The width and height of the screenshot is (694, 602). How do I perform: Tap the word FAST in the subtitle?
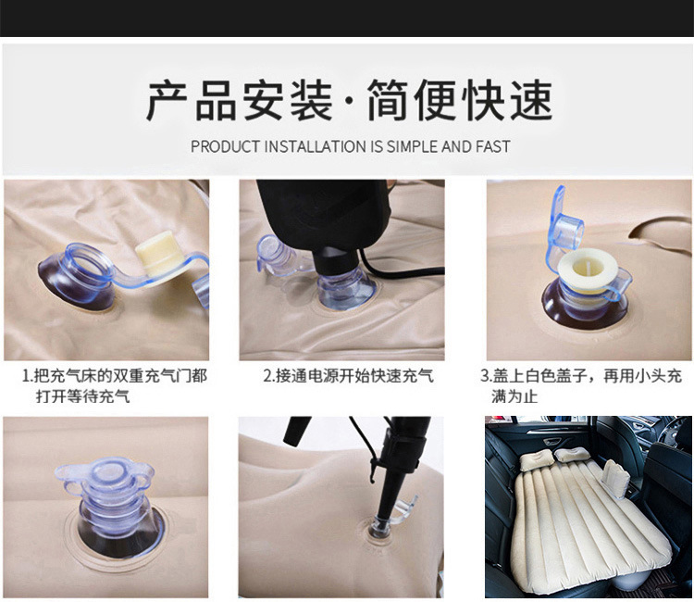click(x=493, y=146)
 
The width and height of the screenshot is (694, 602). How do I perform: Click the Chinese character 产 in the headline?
click(x=167, y=100)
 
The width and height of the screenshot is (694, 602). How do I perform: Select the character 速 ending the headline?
click(x=531, y=100)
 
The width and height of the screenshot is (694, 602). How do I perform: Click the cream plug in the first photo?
click(x=154, y=250)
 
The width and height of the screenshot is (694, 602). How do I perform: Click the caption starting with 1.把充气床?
click(x=114, y=385)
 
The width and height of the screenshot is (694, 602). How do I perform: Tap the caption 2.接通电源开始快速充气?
click(x=348, y=376)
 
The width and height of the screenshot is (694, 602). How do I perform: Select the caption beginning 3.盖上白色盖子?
click(x=581, y=385)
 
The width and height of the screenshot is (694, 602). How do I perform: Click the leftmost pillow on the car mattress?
click(x=534, y=459)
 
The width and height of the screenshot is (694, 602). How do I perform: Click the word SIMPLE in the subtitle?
click(x=413, y=146)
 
